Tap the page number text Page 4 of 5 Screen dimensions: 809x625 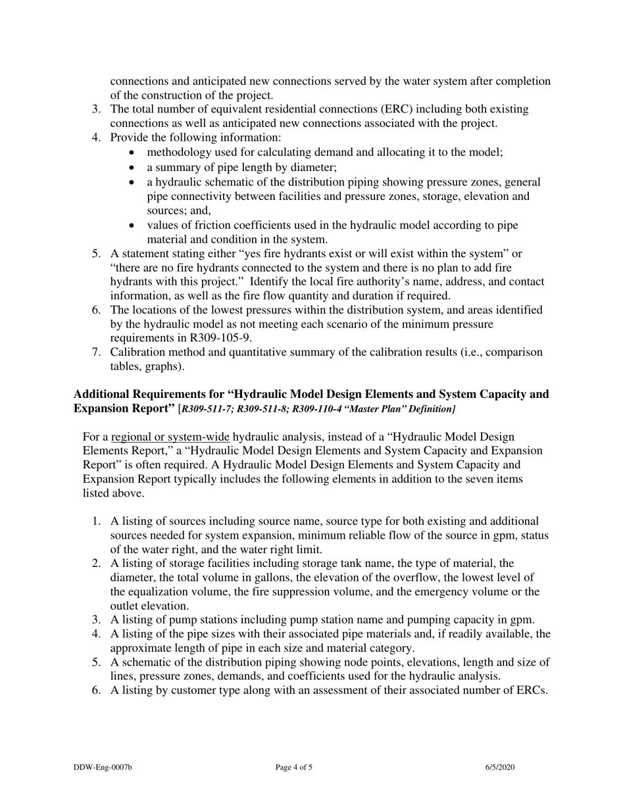[x=294, y=767]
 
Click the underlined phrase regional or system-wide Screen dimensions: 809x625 [x=170, y=437]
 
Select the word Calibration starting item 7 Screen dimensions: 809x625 [x=139, y=353]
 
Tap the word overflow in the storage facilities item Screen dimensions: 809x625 [x=411, y=577]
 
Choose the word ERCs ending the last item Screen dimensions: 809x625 [x=530, y=691]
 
